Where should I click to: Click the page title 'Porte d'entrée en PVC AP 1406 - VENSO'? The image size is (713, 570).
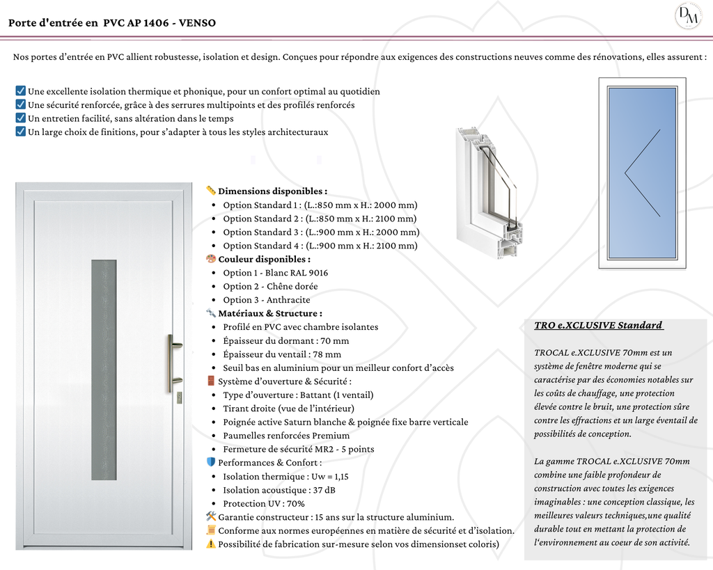point(112,23)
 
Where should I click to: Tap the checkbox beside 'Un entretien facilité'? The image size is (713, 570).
point(20,118)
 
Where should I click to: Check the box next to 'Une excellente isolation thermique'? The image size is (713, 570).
point(20,91)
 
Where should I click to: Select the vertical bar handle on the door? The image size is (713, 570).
point(171,363)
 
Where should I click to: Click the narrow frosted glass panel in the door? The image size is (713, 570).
point(104,370)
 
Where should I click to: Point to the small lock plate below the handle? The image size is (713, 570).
point(179,397)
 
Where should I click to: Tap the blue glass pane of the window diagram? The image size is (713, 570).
point(642,173)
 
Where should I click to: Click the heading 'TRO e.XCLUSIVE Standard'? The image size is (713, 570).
point(598,326)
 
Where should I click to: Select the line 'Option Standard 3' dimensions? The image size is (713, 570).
point(321,232)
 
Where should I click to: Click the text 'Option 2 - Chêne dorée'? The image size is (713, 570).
point(270,286)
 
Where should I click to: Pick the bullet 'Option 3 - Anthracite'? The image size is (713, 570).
point(267,300)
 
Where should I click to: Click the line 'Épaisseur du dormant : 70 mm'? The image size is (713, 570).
point(286,340)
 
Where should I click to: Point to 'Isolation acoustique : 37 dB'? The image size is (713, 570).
point(279,490)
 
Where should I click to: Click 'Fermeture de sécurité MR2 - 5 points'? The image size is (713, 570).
point(299,449)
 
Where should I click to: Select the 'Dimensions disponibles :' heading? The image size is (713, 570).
point(272,191)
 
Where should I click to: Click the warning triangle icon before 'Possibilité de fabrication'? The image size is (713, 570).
point(211,544)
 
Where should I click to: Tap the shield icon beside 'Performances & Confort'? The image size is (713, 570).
point(211,462)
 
